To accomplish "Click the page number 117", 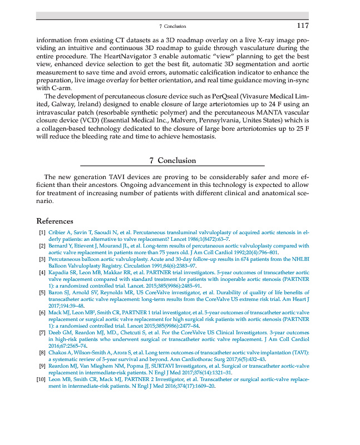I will coord(302,26).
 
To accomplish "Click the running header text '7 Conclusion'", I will coord(172,26).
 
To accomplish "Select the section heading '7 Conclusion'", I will coord(172,160).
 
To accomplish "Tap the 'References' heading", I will coord(55,220).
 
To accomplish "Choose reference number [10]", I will coord(41,379).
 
